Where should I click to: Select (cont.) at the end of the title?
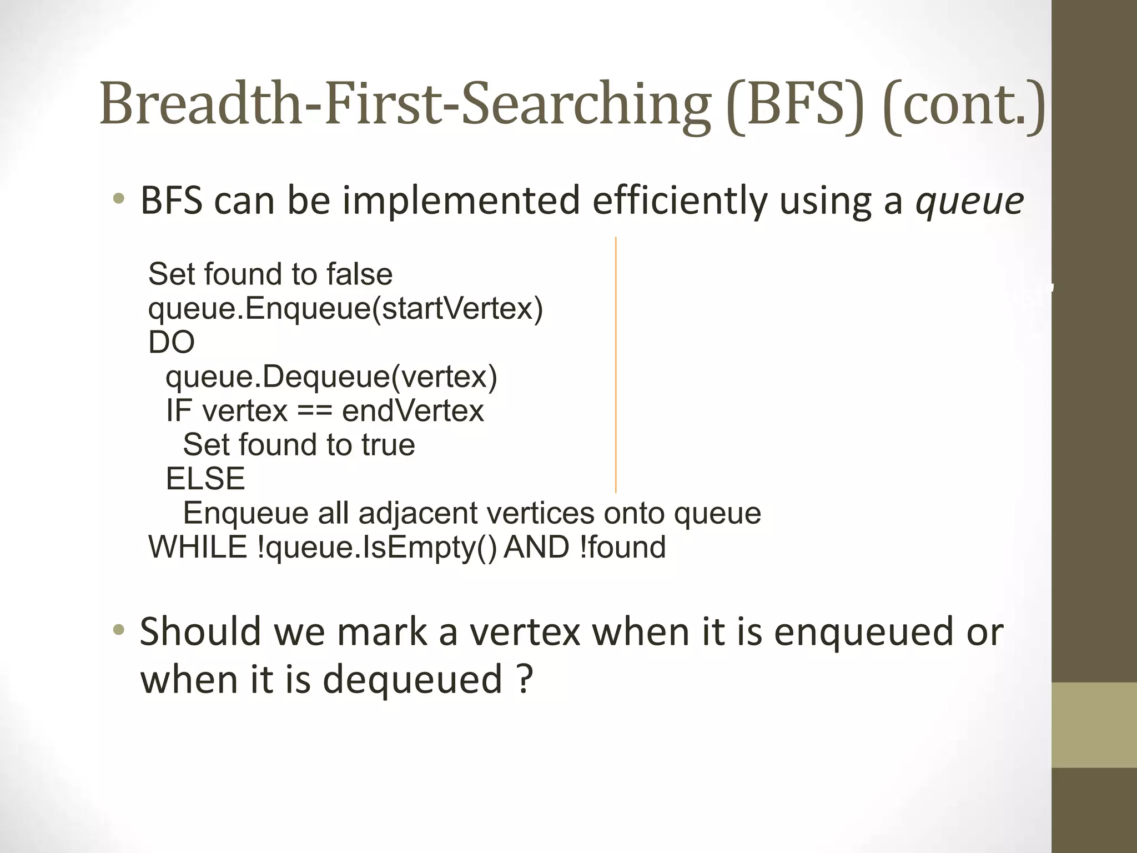[964, 106]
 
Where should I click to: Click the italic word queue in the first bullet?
[969, 201]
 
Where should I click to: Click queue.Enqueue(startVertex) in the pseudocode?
[345, 309]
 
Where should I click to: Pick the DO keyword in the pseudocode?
[172, 343]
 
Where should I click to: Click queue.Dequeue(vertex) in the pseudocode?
[331, 377]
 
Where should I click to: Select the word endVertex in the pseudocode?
[413, 411]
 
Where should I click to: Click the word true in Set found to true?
[388, 445]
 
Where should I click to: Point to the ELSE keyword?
[205, 479]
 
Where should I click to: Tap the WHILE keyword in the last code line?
[198, 547]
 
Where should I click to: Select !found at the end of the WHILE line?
[622, 547]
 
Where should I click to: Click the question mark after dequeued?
[525, 679]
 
